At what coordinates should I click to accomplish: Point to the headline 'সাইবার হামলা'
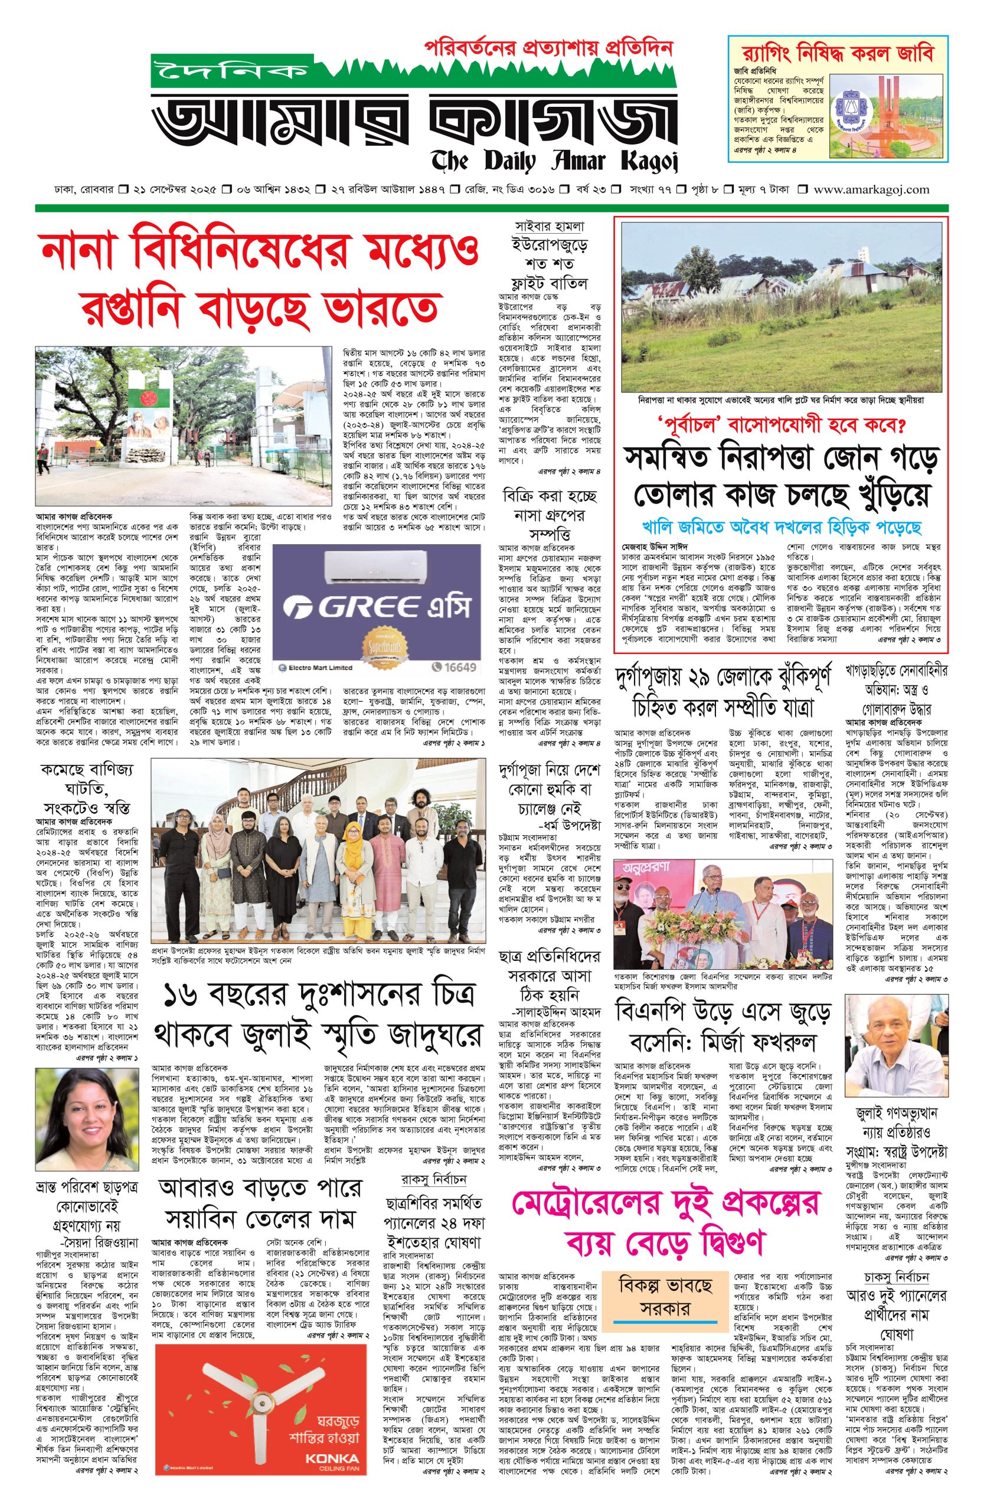coord(550,226)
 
